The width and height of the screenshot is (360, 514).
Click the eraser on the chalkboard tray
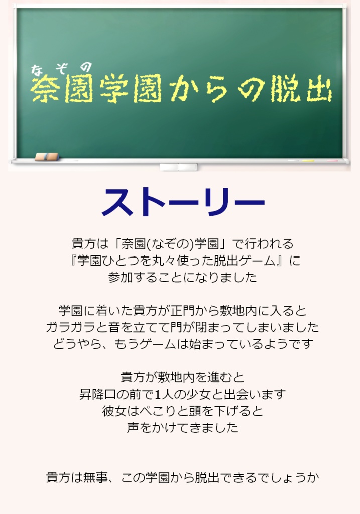47,157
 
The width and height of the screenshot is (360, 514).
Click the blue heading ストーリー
183,202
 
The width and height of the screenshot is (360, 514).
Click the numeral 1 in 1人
159,394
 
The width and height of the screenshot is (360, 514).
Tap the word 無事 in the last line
96,477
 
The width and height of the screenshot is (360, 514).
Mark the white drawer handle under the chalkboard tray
178,167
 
